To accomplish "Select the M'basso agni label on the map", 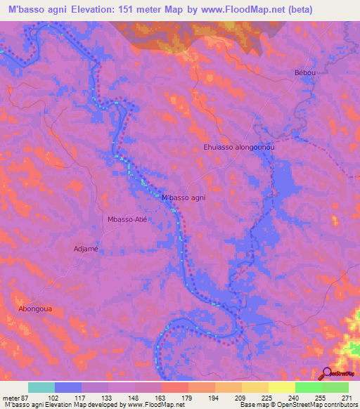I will (x=184, y=198).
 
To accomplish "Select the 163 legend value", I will (x=148, y=398).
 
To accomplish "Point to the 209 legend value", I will (x=229, y=398).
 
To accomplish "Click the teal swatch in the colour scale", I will (x=41, y=387).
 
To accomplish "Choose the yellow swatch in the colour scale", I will (x=282, y=387).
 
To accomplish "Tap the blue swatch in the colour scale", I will (x=68, y=387).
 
